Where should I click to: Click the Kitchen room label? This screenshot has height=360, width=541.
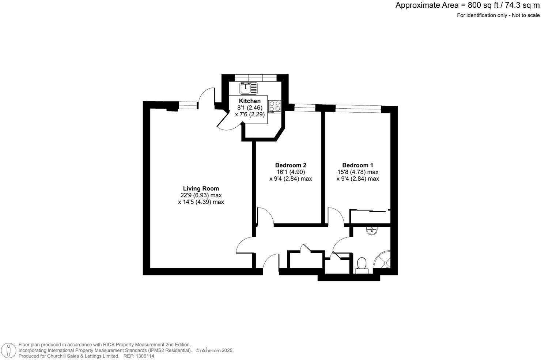click(x=250, y=101)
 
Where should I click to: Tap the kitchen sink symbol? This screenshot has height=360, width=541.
click(x=248, y=88)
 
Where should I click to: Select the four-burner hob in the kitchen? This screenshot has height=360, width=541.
click(x=275, y=106)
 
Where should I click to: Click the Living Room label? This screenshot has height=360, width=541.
click(x=201, y=188)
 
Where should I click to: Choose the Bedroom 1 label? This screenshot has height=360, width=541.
click(x=357, y=165)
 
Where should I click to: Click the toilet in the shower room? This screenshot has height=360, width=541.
click(x=362, y=265)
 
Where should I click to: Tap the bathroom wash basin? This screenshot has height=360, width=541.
click(x=372, y=230)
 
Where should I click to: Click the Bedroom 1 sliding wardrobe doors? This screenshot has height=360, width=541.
click(x=370, y=211)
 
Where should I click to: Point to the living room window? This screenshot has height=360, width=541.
click(x=188, y=106)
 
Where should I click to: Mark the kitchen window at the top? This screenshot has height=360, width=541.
click(x=255, y=77)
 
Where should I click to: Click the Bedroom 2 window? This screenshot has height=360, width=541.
click(x=305, y=107)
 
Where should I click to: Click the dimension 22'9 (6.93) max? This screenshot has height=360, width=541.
click(x=201, y=195)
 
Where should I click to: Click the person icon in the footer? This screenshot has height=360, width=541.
click(x=8, y=350)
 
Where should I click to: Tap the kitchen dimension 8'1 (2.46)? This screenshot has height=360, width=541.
click(x=250, y=108)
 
